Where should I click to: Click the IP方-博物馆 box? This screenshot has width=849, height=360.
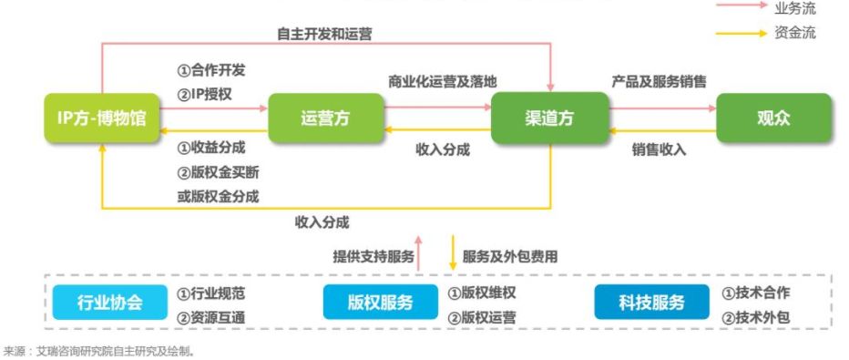[x=101, y=118]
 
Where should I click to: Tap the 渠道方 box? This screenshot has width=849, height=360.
[x=549, y=118]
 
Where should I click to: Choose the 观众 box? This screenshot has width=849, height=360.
[x=773, y=118]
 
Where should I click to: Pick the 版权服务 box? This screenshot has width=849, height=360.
[x=381, y=303]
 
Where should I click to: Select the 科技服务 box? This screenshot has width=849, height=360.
[x=651, y=303]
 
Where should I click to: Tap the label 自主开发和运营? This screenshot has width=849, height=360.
[x=324, y=34]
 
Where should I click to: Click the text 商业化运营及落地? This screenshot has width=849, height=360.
[x=443, y=81]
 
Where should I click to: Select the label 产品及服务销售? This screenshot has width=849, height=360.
[x=659, y=81]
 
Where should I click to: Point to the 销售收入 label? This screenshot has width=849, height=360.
[x=660, y=149]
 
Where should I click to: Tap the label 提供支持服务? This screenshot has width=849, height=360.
[x=373, y=257]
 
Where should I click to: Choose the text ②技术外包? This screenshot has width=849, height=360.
[x=755, y=316]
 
